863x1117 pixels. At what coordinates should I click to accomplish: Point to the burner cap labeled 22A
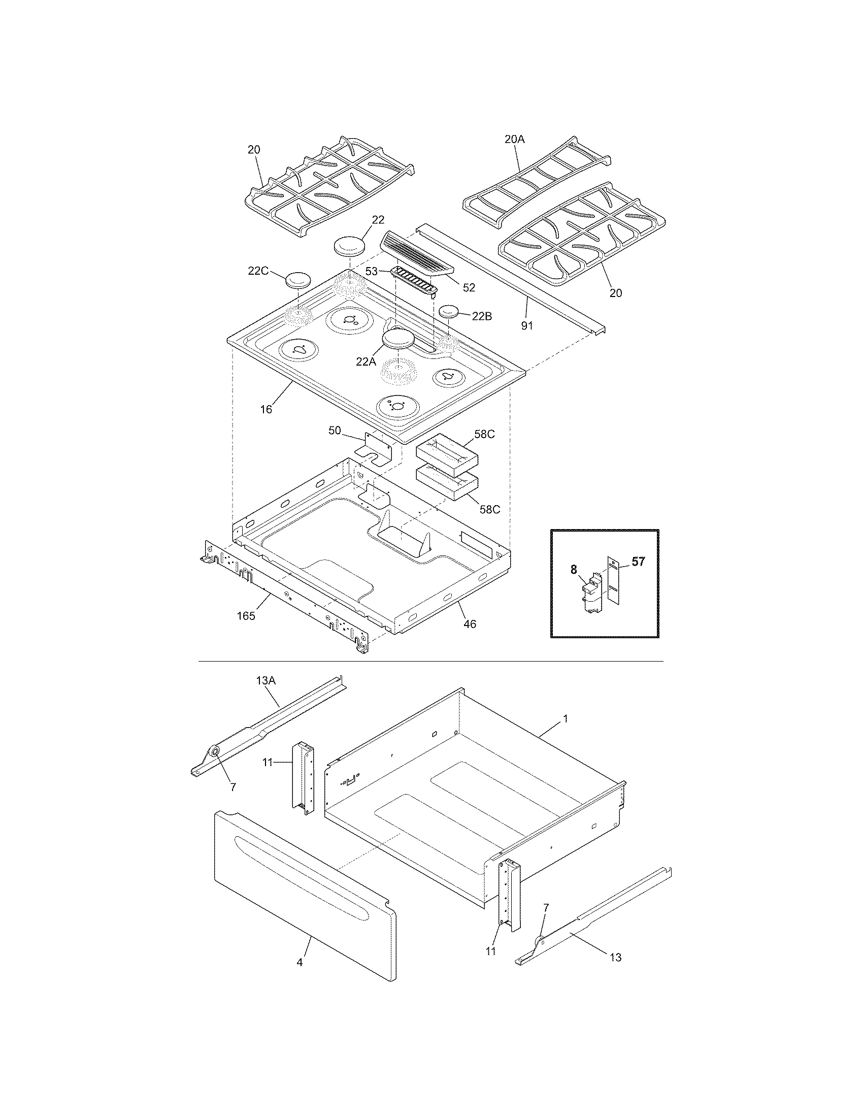[x=399, y=339]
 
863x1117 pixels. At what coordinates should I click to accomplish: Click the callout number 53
[x=372, y=271]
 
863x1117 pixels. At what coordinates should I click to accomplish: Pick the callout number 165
[x=246, y=616]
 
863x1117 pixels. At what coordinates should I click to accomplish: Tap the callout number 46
[x=470, y=623]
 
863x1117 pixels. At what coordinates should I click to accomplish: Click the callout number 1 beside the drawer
[x=565, y=718]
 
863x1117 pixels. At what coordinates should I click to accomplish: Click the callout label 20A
[x=514, y=140]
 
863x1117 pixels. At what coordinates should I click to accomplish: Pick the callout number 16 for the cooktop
[x=267, y=409]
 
